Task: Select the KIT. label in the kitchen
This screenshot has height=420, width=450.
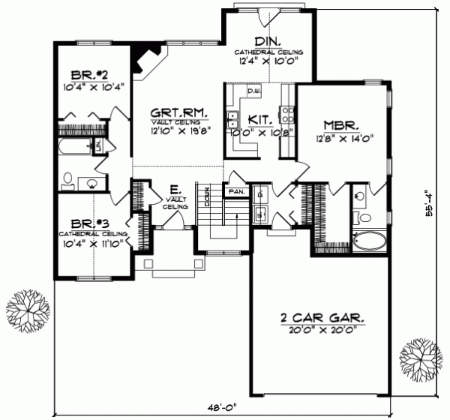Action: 259,118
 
